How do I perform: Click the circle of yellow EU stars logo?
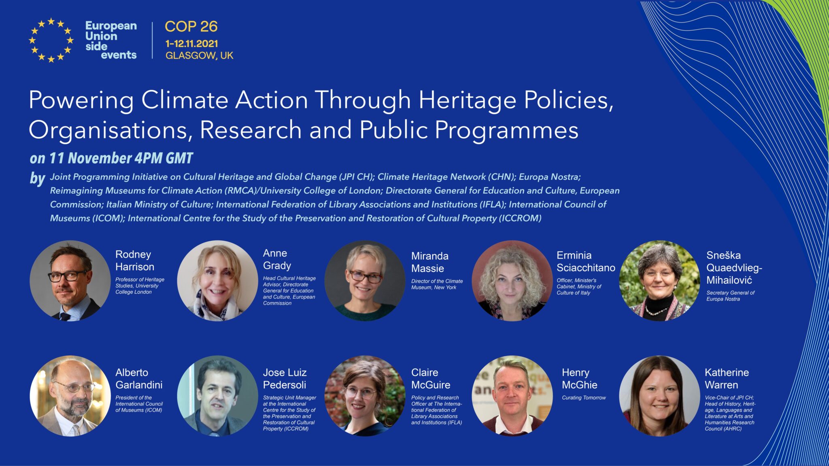point(51,40)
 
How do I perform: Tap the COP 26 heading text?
point(191,27)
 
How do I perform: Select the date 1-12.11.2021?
point(191,44)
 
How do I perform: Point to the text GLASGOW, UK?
point(199,55)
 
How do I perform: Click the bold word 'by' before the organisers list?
point(37,178)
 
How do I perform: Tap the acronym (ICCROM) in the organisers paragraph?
point(520,218)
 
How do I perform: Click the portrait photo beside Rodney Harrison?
point(70,281)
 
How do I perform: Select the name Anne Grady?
point(277,259)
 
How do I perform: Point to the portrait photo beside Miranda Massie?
point(365,281)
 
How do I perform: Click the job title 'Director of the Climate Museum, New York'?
point(437,284)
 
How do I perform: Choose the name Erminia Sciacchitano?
point(586,261)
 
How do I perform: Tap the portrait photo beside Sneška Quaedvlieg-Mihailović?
point(659,281)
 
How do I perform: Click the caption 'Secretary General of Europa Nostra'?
point(730,296)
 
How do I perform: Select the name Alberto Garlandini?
point(139,379)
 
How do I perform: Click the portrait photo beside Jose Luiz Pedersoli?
point(217,396)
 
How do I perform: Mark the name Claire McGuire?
point(431,379)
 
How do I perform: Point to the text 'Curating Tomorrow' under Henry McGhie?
point(584,398)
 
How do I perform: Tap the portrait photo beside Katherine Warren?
point(659,396)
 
